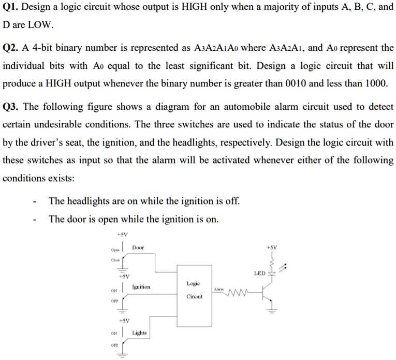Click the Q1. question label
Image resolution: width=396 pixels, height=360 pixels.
10,7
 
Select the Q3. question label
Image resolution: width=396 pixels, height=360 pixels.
10,107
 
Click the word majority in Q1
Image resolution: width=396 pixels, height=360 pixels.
281,7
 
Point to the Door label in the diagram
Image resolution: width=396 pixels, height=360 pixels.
138,248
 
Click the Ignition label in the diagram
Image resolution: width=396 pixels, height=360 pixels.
141,287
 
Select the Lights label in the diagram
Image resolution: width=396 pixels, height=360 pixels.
139,333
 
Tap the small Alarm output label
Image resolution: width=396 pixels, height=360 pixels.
219,289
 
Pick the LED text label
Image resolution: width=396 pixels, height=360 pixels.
260,273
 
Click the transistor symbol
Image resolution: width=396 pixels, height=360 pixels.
267,294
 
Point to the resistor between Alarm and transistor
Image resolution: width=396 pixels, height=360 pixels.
238,292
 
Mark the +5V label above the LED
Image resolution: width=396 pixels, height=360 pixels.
272,248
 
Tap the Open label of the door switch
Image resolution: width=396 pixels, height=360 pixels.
115,250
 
